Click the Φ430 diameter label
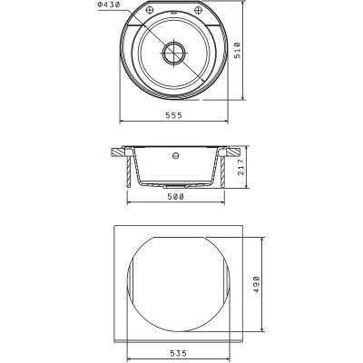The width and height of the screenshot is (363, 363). (109, 5)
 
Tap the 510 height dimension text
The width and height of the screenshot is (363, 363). (238, 50)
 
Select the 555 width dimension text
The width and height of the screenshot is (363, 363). (174, 115)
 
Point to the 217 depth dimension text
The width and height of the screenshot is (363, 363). (241, 167)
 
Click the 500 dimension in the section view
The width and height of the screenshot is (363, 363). (175, 197)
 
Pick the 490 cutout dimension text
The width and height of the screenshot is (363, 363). (257, 284)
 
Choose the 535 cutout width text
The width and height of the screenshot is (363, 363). (178, 353)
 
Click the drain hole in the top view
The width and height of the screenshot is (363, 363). (174, 53)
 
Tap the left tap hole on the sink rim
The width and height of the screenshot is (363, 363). (149, 10)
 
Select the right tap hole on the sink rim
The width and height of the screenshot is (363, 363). (199, 10)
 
